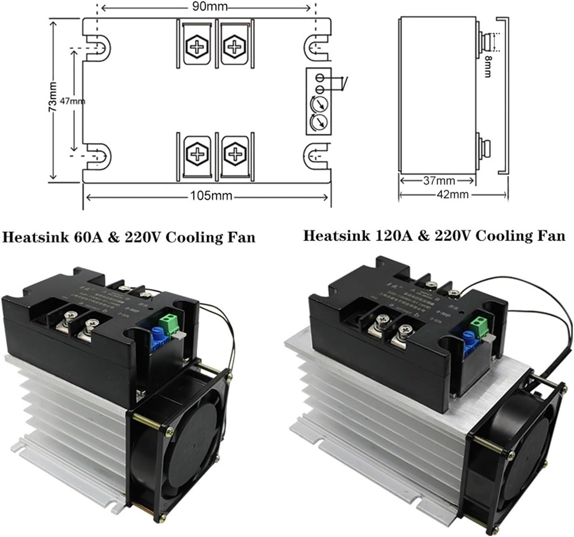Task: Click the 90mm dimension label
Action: pyautogui.click(x=209, y=6)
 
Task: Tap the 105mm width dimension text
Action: pyautogui.click(x=211, y=196)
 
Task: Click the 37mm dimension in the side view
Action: pyautogui.click(x=439, y=181)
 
